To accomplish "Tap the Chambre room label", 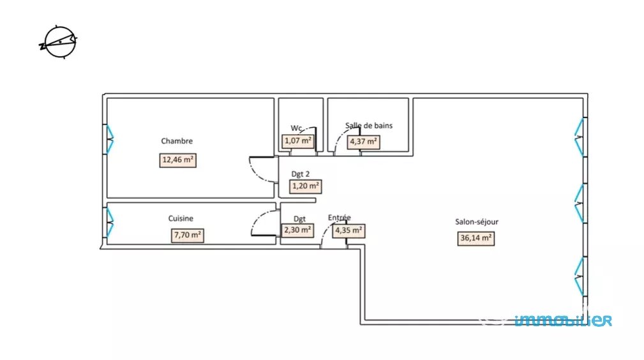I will (x=177, y=141).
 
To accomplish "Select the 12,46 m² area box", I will (x=178, y=160).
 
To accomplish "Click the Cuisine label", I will (x=181, y=218).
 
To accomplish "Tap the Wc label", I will (x=296, y=128).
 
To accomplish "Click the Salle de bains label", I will (x=369, y=126).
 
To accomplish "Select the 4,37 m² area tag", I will (x=364, y=141).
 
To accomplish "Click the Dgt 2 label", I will (x=301, y=173).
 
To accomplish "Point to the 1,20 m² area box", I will (x=305, y=186).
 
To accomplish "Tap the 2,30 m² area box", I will (x=297, y=230).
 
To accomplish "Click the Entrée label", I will (x=340, y=218).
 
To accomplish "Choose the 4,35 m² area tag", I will (x=349, y=230).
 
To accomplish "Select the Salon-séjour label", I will (x=477, y=222).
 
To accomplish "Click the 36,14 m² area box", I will (x=476, y=239).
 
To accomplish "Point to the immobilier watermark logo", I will (x=564, y=320).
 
